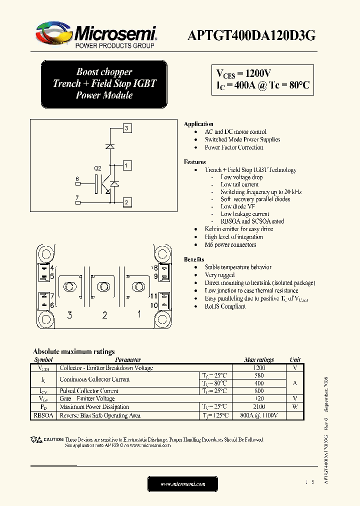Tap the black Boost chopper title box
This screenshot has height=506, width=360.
(104, 84)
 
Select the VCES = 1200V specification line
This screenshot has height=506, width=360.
(244, 73)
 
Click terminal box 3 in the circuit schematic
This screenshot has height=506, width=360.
(127, 128)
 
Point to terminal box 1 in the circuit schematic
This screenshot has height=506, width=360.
(127, 165)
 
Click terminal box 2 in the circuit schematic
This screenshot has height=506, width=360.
(127, 202)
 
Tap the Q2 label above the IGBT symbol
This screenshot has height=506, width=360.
(98, 168)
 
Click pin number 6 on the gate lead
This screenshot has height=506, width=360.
(77, 179)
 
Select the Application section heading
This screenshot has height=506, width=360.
(198, 124)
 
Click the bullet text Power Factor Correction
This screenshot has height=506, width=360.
(234, 147)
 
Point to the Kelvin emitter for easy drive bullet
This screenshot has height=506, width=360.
(238, 229)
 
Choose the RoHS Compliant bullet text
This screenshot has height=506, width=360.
(225, 306)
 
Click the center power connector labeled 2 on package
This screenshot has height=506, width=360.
(104, 286)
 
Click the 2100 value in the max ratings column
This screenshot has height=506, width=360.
(258, 407)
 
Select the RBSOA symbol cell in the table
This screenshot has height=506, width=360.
(43, 415)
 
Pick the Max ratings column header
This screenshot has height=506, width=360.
(258, 359)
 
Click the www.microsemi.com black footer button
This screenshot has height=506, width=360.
(182, 484)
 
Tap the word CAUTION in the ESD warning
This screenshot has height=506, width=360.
(53, 439)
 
